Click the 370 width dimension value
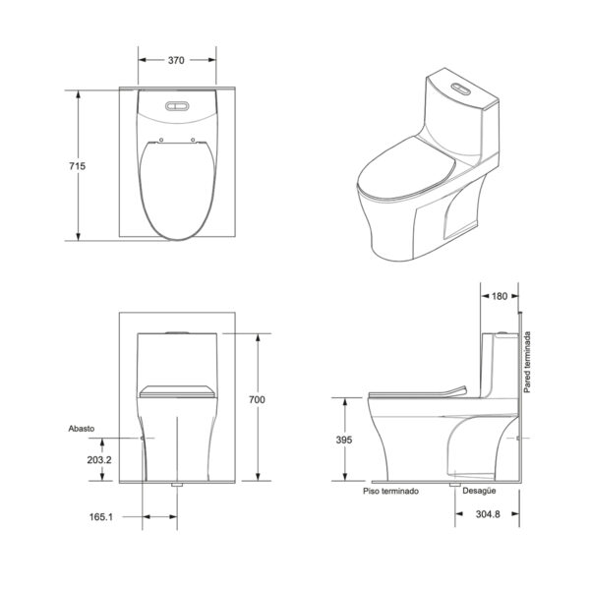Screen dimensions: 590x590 [x=176, y=60]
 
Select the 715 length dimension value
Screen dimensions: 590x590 [x=77, y=166]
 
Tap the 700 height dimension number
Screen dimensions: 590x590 [x=257, y=399]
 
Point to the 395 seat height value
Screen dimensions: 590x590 [x=344, y=440]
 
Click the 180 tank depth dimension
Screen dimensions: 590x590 [x=500, y=296]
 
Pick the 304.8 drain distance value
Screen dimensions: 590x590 [x=488, y=514]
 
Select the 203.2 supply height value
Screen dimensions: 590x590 [x=99, y=460]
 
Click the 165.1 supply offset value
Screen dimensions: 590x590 [x=101, y=517]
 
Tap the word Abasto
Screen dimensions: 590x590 [x=82, y=429]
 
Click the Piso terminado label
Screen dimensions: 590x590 [x=390, y=491]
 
